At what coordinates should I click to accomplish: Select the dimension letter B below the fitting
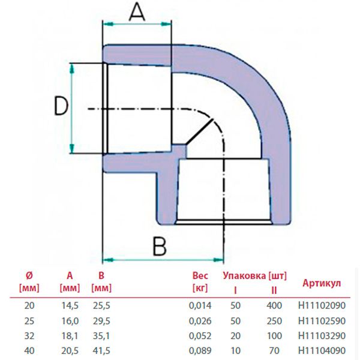click(158, 246)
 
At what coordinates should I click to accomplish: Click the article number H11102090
click(322, 305)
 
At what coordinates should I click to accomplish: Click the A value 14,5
click(70, 305)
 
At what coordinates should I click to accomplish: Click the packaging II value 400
click(274, 305)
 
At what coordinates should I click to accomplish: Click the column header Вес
click(199, 277)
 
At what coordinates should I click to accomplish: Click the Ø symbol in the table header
click(29, 276)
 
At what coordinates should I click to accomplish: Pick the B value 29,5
click(103, 320)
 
